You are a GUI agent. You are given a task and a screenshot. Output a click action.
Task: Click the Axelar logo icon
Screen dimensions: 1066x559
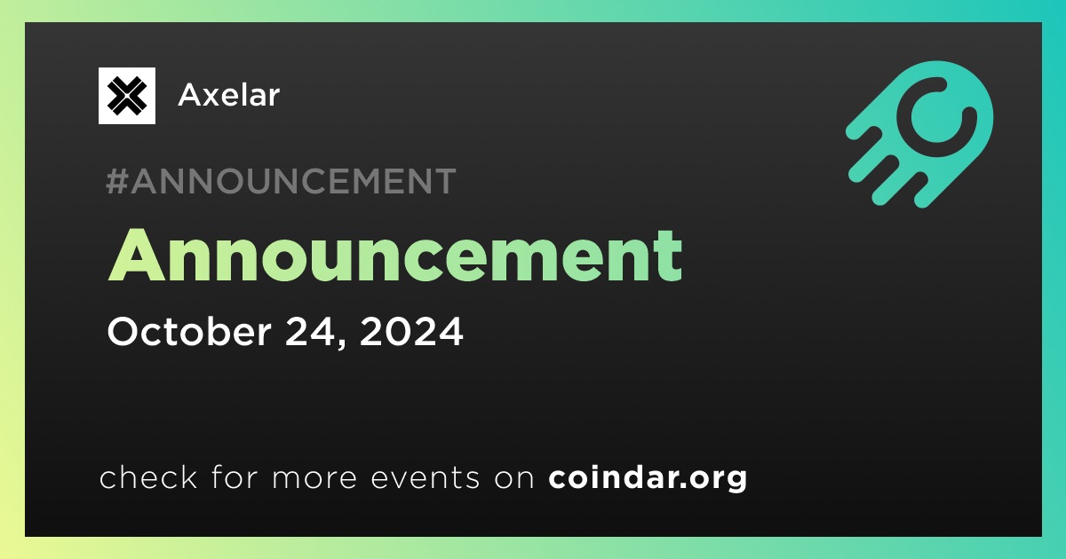[126, 96]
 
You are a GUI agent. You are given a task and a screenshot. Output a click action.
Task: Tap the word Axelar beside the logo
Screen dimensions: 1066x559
[228, 95]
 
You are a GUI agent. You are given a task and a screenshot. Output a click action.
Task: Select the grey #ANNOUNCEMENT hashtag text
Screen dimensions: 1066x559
[281, 181]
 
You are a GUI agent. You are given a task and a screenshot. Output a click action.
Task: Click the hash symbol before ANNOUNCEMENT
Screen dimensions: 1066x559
[116, 181]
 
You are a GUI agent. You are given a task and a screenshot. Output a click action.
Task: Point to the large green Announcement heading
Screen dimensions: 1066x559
[395, 256]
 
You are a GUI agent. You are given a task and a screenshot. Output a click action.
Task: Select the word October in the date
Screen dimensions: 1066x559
[189, 331]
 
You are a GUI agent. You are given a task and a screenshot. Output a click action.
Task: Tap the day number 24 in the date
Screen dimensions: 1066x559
[311, 332]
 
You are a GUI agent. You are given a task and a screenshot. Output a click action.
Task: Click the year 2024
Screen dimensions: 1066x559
[411, 332]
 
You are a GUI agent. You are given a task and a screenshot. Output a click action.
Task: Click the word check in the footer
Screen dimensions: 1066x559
[148, 476]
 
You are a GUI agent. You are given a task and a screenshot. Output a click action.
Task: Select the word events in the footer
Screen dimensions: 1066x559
[425, 477]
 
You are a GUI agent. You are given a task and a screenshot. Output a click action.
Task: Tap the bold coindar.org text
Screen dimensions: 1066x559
[648, 477]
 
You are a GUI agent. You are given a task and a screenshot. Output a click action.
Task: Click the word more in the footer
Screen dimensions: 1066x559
[314, 478]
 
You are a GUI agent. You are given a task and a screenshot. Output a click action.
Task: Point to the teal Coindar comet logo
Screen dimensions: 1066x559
[919, 134]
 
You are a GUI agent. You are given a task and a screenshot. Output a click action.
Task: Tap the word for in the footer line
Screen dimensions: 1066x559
[235, 476]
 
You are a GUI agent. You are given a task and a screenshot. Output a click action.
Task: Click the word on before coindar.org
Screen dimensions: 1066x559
[514, 478]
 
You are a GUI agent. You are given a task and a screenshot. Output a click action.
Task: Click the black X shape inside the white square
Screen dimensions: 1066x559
[126, 96]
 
